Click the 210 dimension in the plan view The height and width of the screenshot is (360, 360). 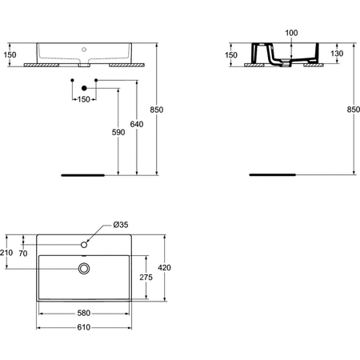click(x=8, y=253)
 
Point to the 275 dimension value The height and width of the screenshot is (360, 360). click(x=146, y=277)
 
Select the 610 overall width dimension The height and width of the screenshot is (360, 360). click(x=82, y=327)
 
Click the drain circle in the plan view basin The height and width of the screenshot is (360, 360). click(x=83, y=269)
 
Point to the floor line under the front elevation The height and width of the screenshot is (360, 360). click(x=82, y=172)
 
